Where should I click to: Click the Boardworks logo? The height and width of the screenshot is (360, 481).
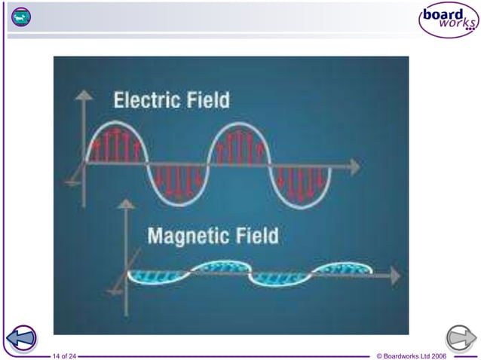(448, 20)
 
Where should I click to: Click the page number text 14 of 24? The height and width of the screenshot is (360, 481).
(64, 355)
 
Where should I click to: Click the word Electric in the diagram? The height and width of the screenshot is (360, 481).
(149, 99)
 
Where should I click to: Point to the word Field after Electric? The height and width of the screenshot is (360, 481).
(208, 99)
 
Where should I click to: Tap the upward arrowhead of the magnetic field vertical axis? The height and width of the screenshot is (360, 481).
(127, 203)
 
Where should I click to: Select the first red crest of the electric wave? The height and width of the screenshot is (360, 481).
(116, 143)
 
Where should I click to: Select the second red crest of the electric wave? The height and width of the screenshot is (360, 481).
(239, 143)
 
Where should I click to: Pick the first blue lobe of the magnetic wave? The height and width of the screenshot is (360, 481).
(158, 277)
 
